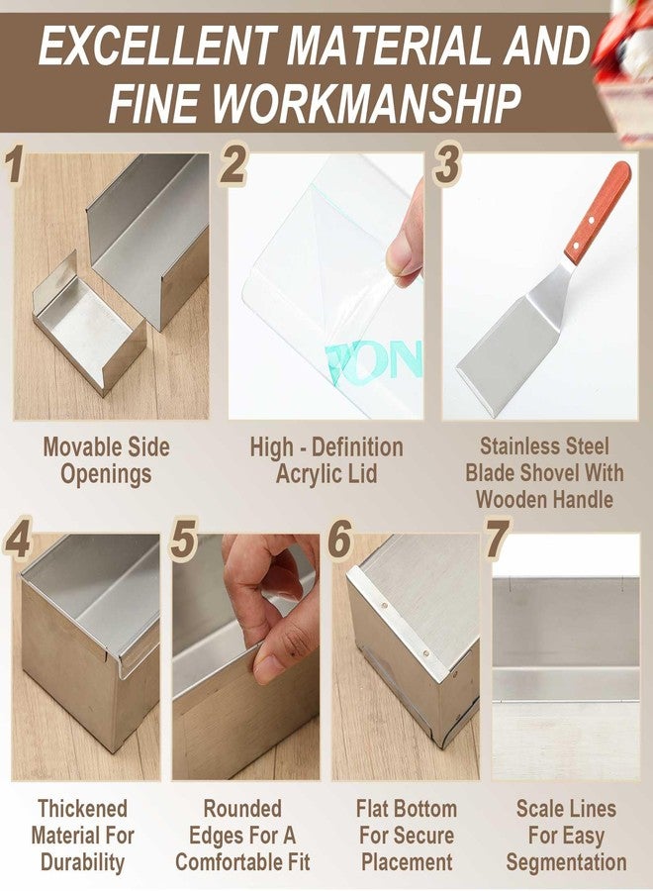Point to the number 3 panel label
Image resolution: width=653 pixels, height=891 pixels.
[x=447, y=164]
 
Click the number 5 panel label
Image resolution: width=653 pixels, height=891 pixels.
[x=184, y=539]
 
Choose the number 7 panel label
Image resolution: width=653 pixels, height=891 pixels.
[x=498, y=539]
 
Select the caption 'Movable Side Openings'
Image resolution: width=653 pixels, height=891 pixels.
[x=106, y=460]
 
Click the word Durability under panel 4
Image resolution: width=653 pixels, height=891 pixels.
[x=82, y=862]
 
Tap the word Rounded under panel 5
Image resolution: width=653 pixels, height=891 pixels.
[x=242, y=808]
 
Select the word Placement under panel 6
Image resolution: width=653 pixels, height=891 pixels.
[x=407, y=862]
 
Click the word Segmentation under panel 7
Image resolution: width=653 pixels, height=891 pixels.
[x=566, y=862]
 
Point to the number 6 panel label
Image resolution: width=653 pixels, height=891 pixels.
[x=339, y=539]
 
